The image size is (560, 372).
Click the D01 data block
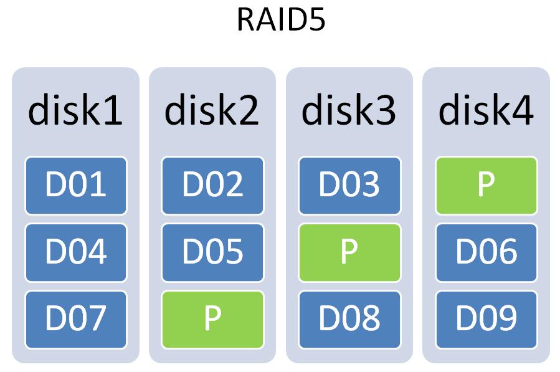[x=75, y=186]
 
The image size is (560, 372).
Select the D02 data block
[x=212, y=186]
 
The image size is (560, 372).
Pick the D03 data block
[x=349, y=186]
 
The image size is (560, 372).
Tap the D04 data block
[x=75, y=252]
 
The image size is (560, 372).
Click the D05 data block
[x=212, y=252]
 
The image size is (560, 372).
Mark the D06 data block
[x=486, y=252]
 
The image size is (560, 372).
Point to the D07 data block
[x=75, y=319]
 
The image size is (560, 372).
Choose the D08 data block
[x=349, y=319]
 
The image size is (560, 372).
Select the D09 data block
[x=486, y=319]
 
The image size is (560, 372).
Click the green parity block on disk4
[x=486, y=186]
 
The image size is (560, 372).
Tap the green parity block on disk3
[x=349, y=252]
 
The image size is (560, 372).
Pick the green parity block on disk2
[x=212, y=319]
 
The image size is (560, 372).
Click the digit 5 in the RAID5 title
[x=315, y=20]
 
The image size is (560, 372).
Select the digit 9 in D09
[x=505, y=319]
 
